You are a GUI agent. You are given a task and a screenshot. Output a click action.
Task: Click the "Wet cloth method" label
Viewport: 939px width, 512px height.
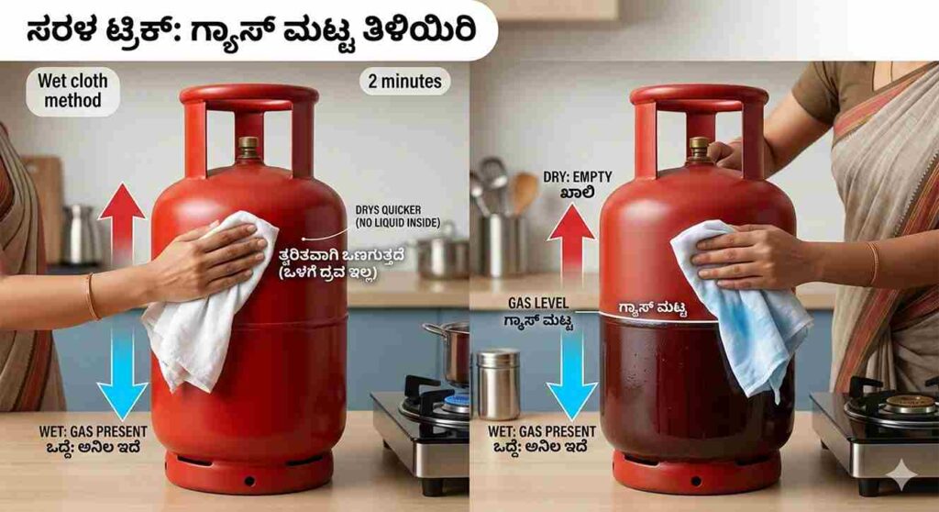pos(72,90)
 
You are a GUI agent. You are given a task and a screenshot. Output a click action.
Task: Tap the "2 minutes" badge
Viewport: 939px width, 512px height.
pos(404,81)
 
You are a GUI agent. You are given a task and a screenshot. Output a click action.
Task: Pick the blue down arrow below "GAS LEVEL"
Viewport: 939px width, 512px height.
pos(571,372)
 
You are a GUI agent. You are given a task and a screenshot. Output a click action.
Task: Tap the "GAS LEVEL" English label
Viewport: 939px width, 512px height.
pos(539,302)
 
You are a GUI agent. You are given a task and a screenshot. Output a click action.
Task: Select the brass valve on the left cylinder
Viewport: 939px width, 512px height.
pos(248,147)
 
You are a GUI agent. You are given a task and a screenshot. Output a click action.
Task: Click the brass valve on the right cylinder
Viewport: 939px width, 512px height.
pos(699,147)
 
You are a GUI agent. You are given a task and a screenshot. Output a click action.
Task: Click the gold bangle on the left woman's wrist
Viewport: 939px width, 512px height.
pos(91,296)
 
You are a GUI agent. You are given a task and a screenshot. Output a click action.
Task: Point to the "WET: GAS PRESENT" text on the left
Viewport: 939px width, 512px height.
pos(77,430)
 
